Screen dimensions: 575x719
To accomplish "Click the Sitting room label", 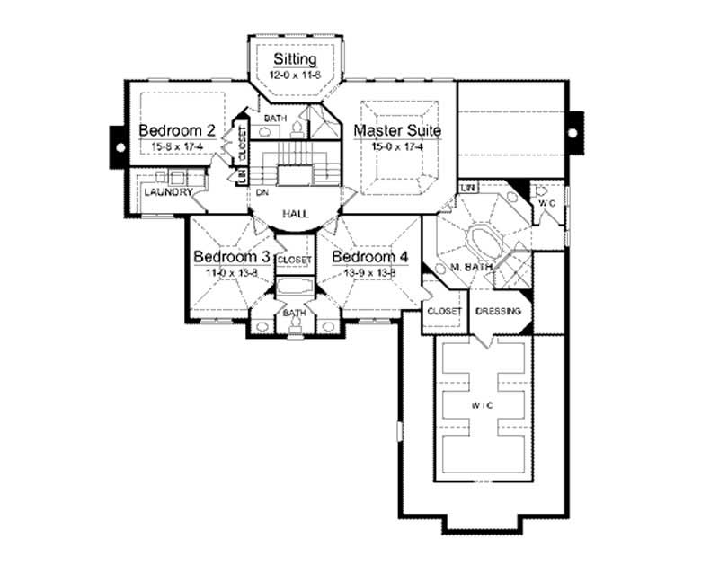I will [x=295, y=59].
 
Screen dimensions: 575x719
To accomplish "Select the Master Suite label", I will [x=396, y=131].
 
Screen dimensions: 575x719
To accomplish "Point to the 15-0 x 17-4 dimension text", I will [x=396, y=146].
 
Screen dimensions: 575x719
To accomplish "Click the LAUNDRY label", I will [x=167, y=192].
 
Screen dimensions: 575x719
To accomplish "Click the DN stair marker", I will [x=262, y=192].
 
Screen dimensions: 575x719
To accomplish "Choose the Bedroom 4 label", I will [x=370, y=257].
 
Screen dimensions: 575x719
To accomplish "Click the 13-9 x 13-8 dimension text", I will [x=370, y=272].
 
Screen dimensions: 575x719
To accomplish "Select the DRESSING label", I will [x=499, y=311].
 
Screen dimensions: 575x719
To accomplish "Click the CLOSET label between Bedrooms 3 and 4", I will [x=295, y=260].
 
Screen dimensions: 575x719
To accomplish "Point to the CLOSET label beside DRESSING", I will [x=444, y=311].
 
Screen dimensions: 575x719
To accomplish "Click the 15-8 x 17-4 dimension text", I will [x=176, y=146].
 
